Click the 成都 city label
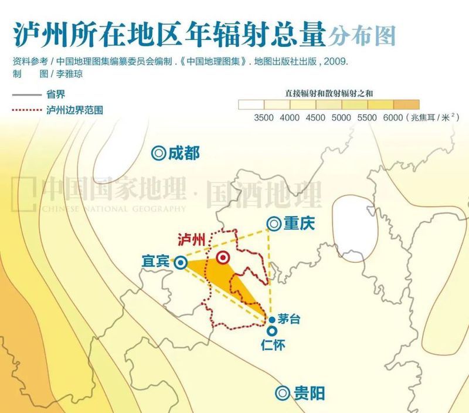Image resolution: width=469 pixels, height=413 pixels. (183, 153)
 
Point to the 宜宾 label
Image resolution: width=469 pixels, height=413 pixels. (155, 262)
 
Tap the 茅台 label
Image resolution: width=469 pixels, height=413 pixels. (288, 320)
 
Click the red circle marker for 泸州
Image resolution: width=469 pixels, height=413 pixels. (223, 258)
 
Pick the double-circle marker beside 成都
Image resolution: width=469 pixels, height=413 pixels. (158, 153)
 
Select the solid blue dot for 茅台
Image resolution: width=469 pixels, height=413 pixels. (272, 320)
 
